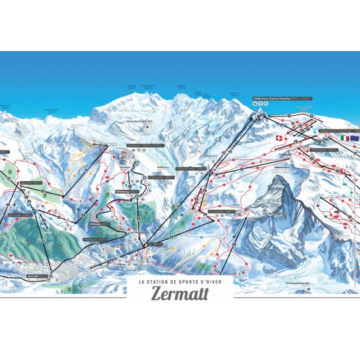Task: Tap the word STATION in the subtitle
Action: [168, 282]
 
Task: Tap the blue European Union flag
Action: [355, 138]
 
